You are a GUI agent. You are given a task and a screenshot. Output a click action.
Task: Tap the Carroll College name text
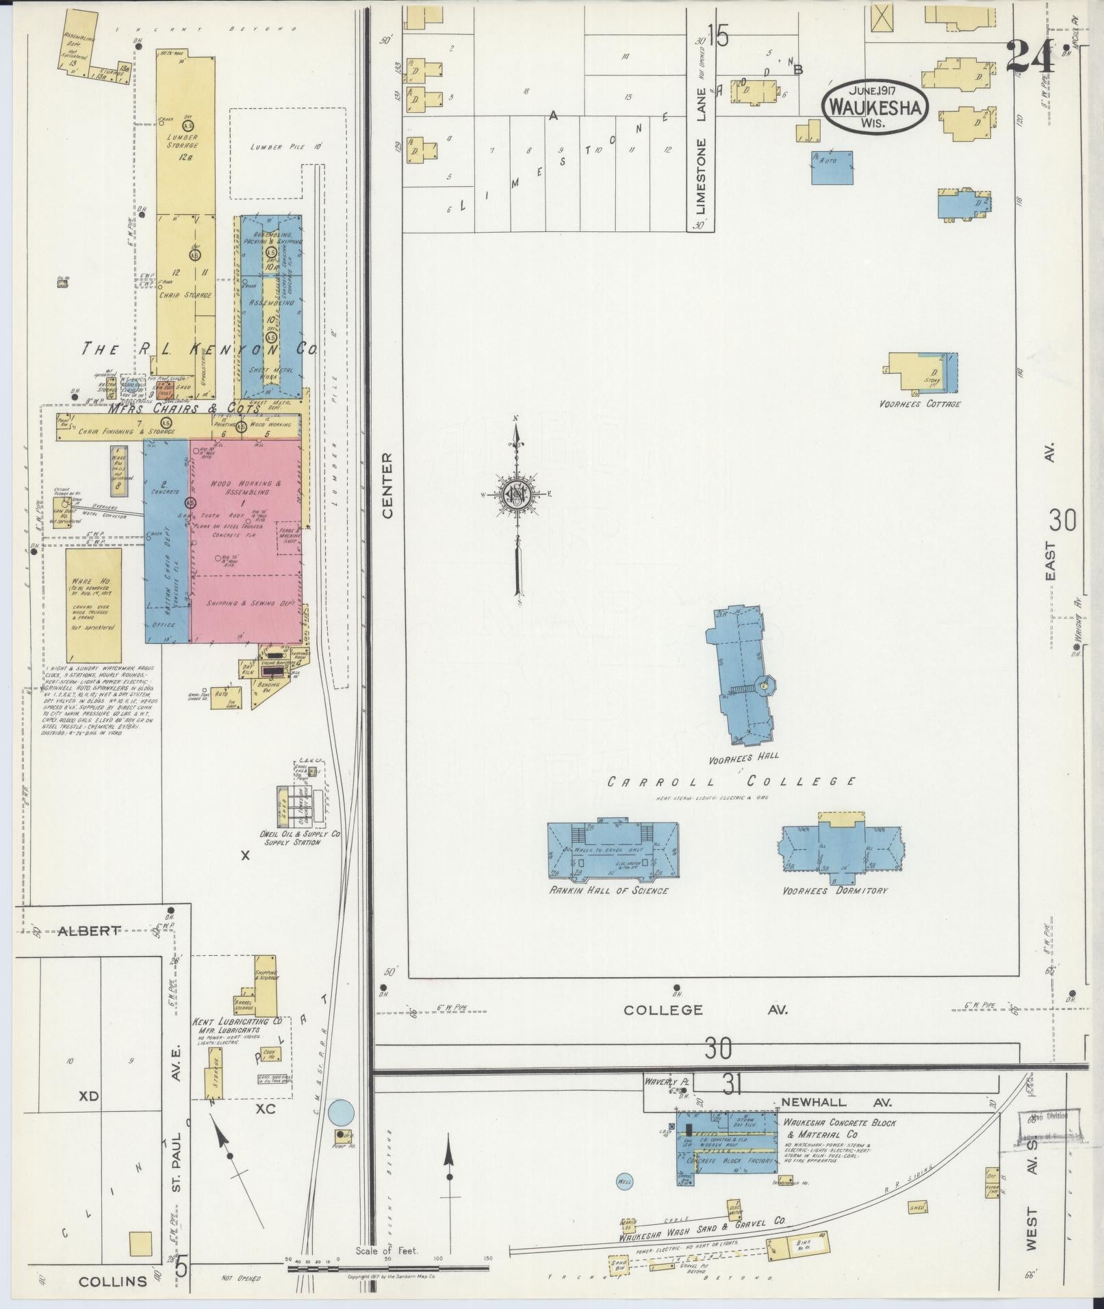point(732,781)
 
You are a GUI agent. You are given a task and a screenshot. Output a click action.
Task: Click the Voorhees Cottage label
point(919,404)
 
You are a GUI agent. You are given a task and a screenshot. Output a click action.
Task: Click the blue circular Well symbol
point(624,1181)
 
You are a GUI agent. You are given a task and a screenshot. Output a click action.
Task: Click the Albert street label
point(89,931)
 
